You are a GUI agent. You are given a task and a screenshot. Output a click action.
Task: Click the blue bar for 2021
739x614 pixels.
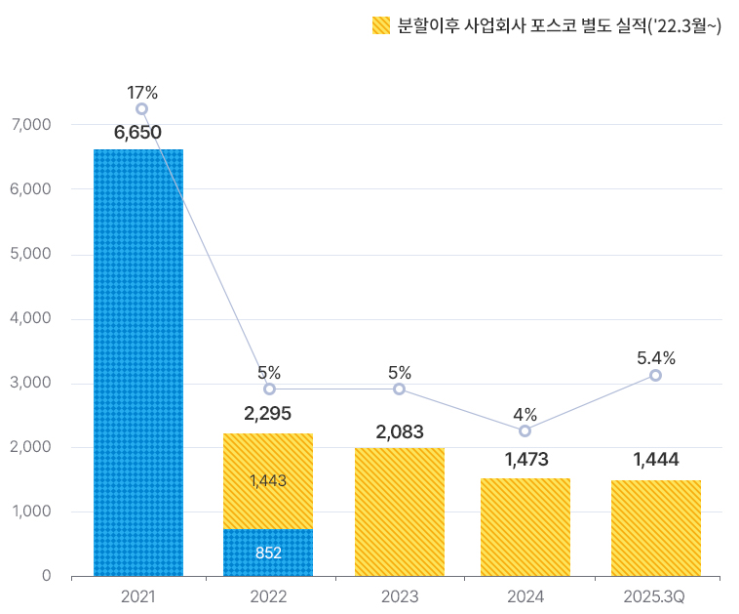138,362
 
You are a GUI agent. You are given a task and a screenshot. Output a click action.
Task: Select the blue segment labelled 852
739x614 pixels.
268,553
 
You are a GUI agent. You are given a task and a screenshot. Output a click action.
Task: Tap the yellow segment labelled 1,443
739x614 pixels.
268,481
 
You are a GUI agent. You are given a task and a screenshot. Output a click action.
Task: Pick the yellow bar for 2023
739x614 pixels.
400,512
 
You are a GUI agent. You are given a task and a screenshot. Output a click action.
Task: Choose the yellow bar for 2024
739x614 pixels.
525,527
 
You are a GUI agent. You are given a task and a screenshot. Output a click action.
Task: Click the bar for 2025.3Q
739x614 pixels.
656,528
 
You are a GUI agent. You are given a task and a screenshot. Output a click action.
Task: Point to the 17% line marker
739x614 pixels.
142,109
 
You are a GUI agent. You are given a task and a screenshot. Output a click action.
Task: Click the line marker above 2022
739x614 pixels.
269,389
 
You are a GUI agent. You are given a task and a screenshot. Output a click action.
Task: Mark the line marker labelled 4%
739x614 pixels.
525,430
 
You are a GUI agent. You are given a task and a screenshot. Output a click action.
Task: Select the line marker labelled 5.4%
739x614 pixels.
655,375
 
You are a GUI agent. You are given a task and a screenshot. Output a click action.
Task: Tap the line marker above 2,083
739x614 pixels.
400,389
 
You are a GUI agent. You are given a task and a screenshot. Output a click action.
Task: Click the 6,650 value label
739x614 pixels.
137,133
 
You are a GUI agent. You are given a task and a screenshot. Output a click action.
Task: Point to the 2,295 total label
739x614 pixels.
268,414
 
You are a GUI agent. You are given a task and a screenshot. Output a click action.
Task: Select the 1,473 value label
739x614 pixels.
525,459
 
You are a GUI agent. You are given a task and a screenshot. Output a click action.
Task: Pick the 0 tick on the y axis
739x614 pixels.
46,576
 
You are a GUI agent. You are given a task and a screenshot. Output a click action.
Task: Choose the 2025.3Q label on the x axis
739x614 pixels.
654,595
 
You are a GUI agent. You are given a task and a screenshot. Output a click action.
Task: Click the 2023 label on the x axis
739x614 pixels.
400,595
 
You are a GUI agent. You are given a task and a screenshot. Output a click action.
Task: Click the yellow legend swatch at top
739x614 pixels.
381,26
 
